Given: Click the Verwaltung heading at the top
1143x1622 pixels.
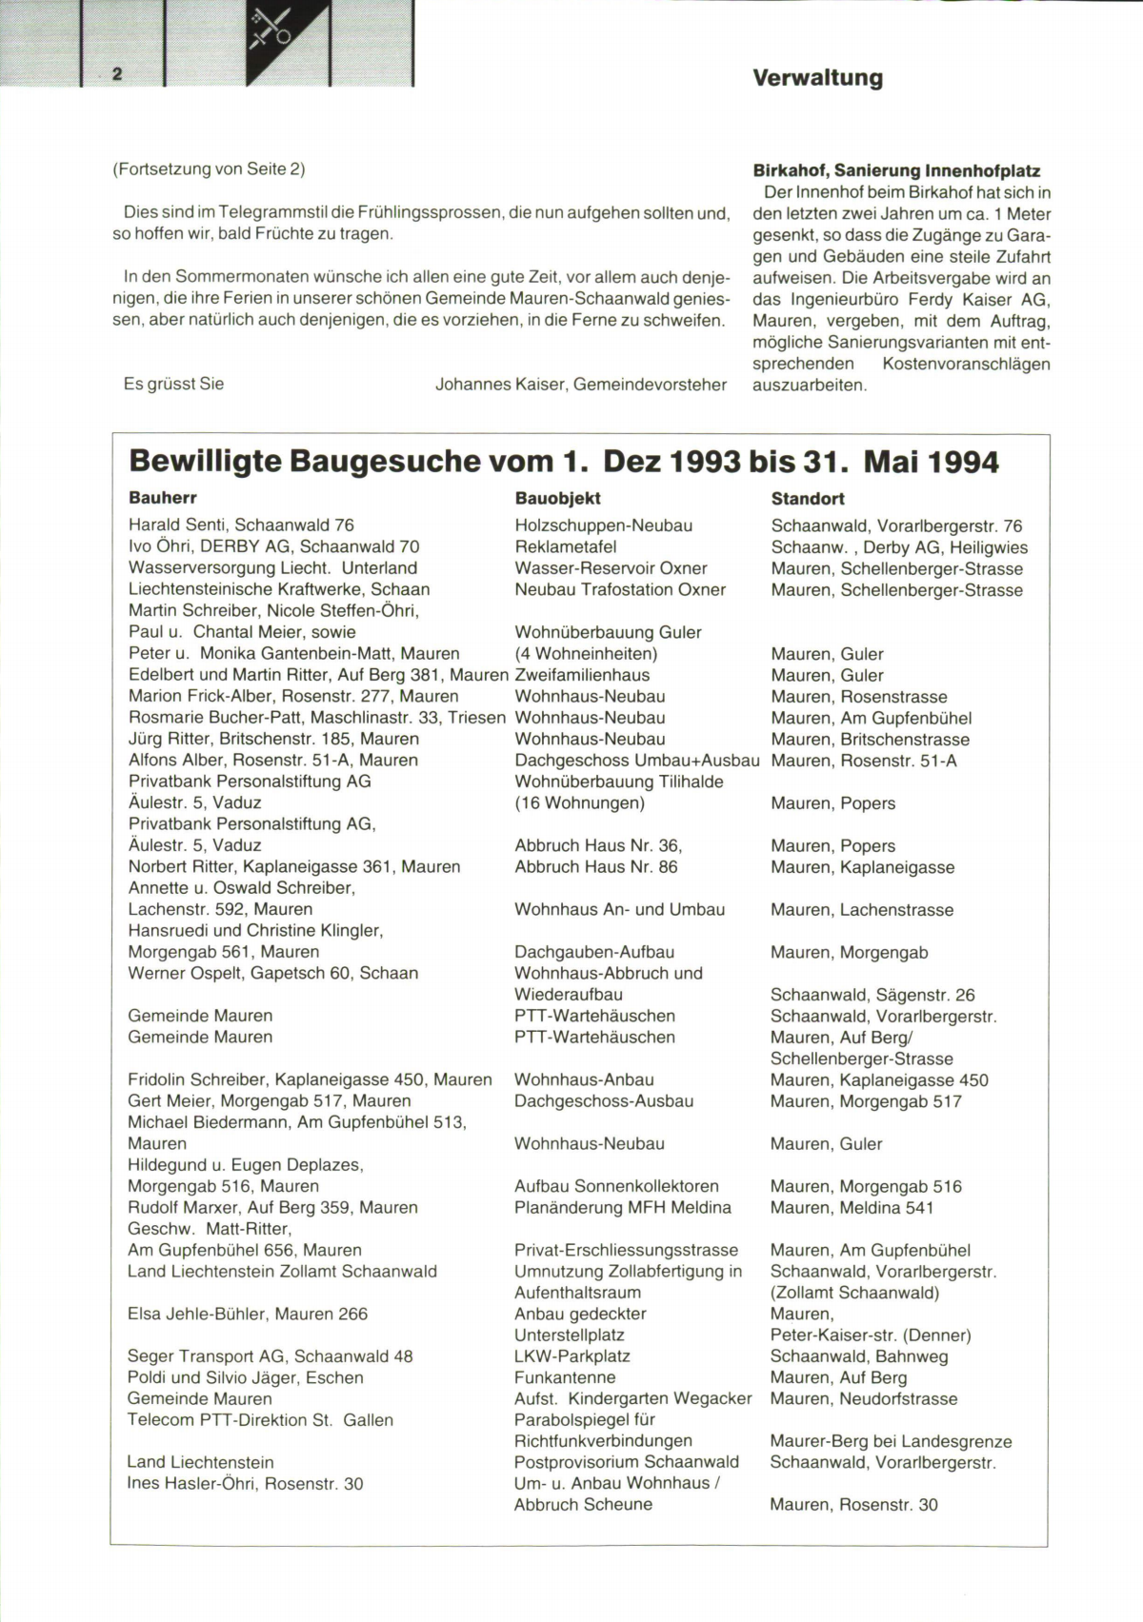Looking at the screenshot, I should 817,78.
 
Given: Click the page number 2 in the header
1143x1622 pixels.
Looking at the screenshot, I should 117,74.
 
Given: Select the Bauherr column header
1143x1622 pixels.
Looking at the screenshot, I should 162,498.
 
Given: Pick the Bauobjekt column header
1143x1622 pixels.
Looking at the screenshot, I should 557,498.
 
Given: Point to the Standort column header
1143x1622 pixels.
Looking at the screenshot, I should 807,498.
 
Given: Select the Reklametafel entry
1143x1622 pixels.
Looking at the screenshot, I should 565,547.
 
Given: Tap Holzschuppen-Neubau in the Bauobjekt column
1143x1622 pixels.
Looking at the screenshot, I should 603,525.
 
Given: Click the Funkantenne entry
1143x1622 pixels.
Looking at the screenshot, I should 564,1377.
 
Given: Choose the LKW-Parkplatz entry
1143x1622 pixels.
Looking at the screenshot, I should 571,1356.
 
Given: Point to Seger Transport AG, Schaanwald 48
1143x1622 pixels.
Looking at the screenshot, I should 270,1356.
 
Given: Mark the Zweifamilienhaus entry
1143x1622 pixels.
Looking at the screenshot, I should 581,675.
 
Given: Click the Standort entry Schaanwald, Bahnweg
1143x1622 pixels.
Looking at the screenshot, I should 858,1356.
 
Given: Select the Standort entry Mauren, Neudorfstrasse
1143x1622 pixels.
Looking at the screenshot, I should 863,1399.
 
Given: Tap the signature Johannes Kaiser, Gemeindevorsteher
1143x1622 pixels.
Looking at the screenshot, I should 580,385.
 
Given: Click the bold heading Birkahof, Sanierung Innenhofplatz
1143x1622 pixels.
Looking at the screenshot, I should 895,171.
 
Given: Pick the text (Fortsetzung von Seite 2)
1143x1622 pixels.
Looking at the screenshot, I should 209,169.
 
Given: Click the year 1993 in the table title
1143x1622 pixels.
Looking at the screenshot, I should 704,463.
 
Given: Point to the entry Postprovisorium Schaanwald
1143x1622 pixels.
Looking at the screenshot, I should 626,1462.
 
